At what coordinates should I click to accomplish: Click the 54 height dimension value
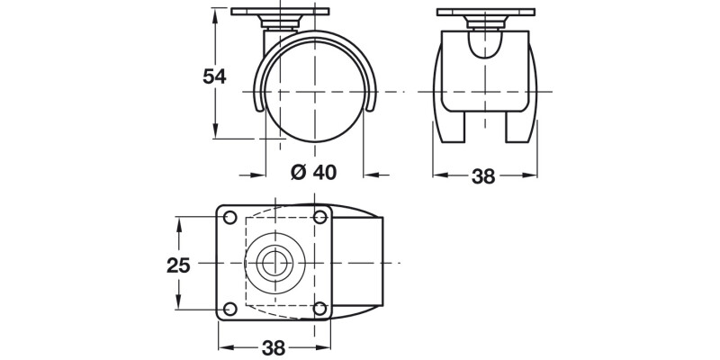click(x=213, y=76)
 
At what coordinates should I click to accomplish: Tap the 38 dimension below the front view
click(x=483, y=176)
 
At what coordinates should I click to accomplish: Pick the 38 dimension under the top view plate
click(x=274, y=347)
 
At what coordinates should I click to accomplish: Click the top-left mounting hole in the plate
click(x=229, y=218)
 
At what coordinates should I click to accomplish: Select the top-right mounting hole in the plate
click(x=320, y=218)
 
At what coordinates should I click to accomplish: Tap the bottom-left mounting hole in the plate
click(x=229, y=309)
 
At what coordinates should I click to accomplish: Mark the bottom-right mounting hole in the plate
click(x=320, y=309)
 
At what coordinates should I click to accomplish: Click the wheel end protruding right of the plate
click(x=360, y=263)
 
